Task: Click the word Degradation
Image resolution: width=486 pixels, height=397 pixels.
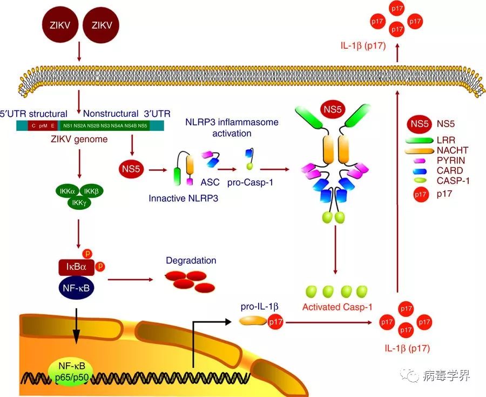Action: [191, 261]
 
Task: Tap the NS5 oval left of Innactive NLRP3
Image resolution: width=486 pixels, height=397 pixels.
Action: [131, 170]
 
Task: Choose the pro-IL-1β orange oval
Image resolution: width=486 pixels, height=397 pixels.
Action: [253, 321]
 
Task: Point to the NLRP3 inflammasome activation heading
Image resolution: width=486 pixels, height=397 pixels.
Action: [232, 128]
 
